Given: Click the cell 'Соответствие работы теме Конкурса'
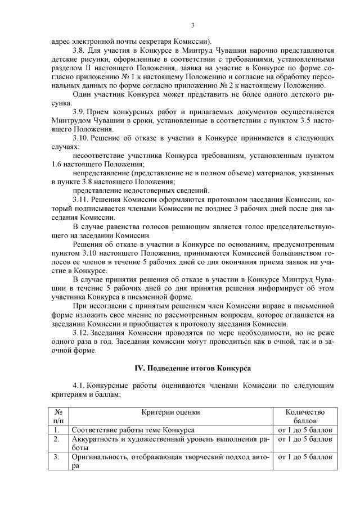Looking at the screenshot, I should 133,430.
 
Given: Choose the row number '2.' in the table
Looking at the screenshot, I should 57,439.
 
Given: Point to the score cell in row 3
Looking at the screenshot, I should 305,457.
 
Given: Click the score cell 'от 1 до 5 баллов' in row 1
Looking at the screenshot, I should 305,430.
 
